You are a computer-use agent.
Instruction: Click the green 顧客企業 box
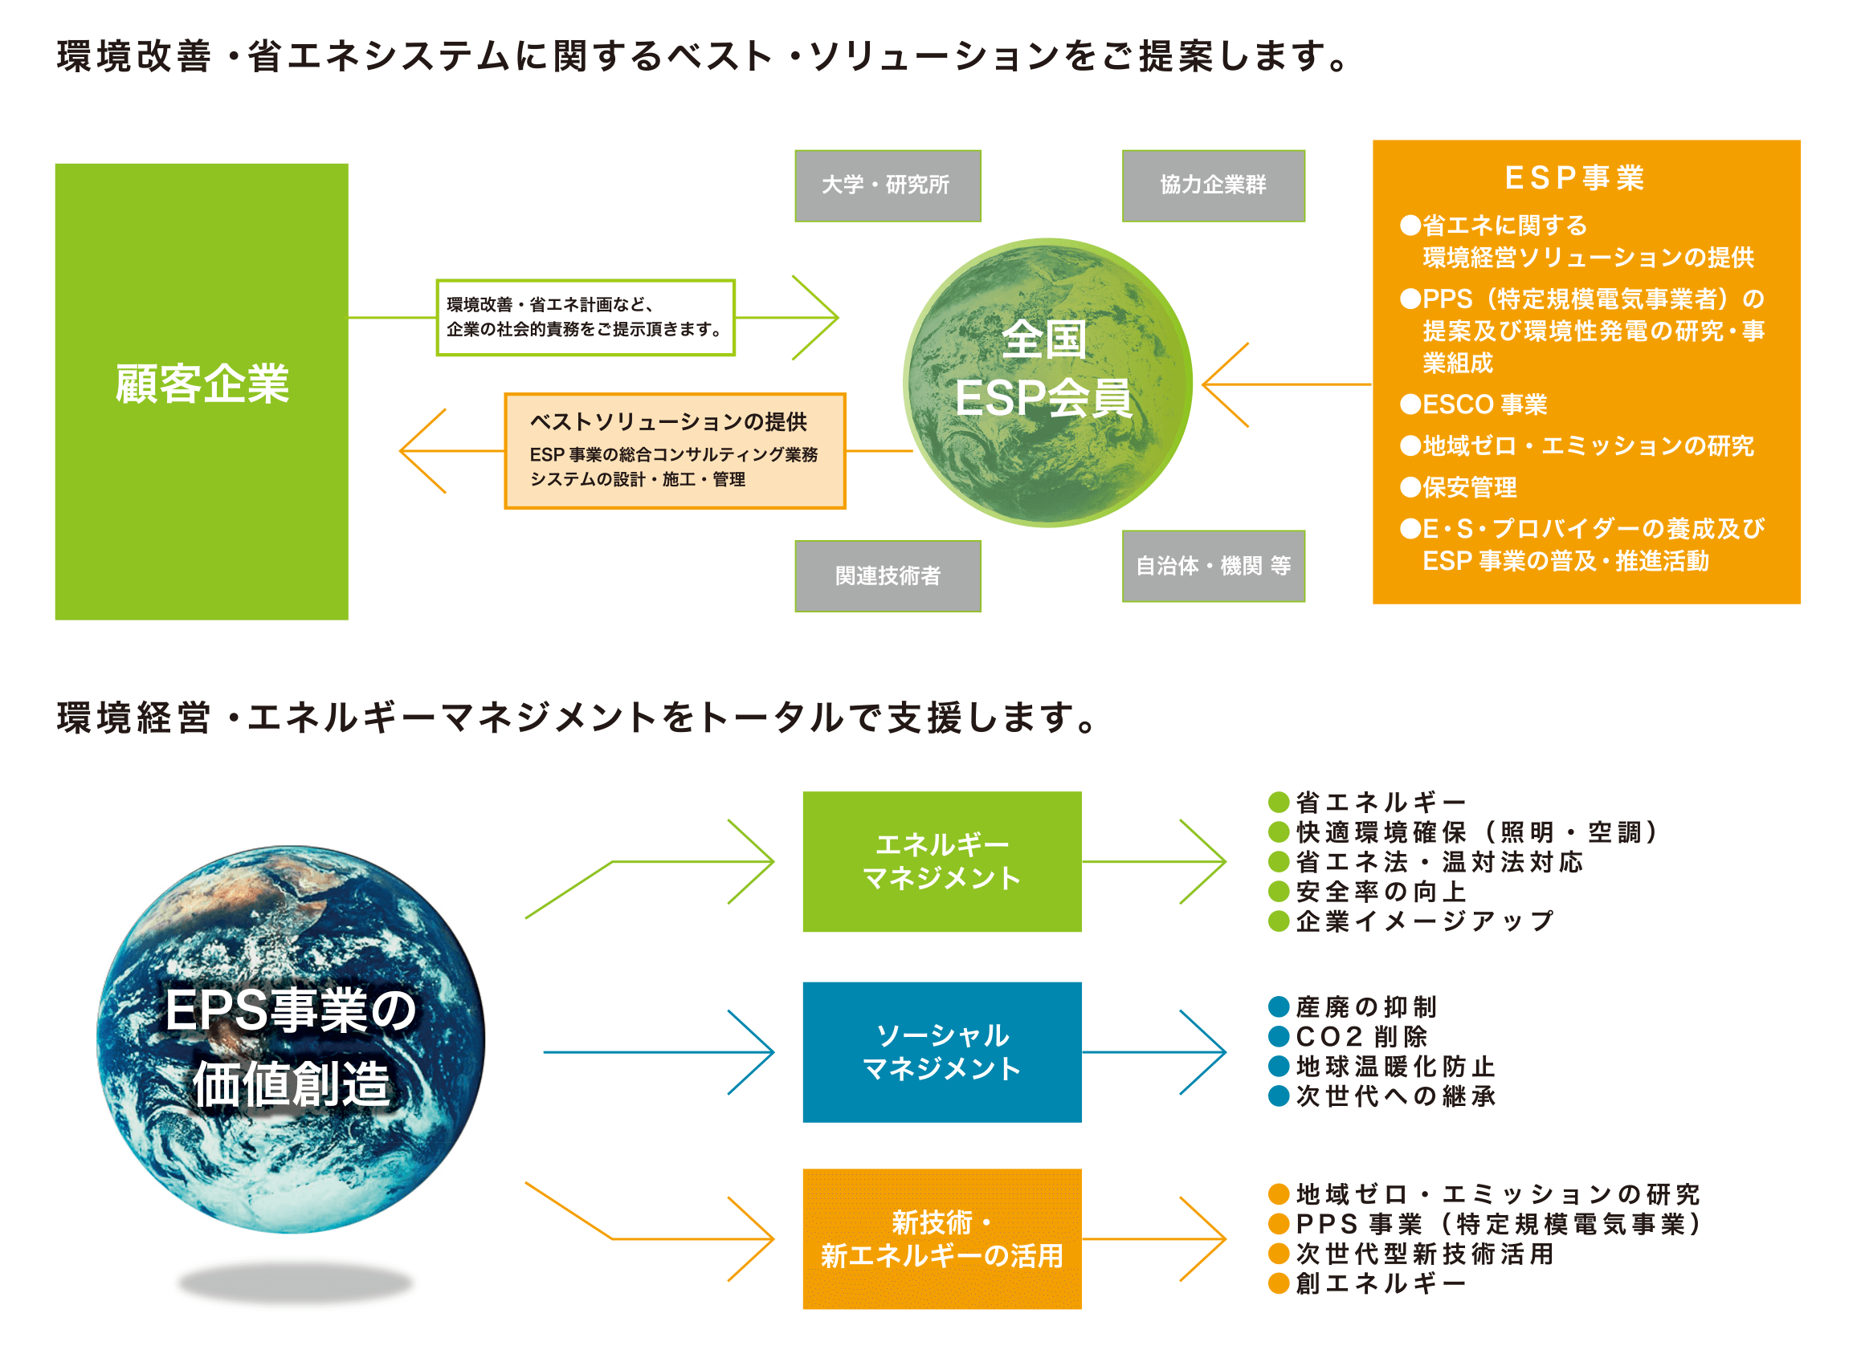click(x=202, y=391)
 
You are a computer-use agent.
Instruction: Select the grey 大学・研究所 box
click(x=887, y=185)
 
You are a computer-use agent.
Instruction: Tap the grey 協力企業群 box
click(x=1213, y=185)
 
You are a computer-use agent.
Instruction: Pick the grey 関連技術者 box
click(x=887, y=575)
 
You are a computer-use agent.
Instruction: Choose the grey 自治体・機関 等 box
click(x=1213, y=566)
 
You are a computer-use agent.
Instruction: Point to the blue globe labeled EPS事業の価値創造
click(x=291, y=1039)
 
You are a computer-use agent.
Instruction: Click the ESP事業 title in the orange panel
click(x=1574, y=178)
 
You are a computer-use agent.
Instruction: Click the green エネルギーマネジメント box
click(x=941, y=860)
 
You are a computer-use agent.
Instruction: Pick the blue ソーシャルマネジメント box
click(x=941, y=1051)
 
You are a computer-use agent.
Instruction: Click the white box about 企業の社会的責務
click(x=585, y=317)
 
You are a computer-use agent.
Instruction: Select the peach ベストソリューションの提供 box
click(x=674, y=450)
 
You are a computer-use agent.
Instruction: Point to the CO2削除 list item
click(x=1361, y=1036)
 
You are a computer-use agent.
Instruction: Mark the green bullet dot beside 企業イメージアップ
click(x=1278, y=921)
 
